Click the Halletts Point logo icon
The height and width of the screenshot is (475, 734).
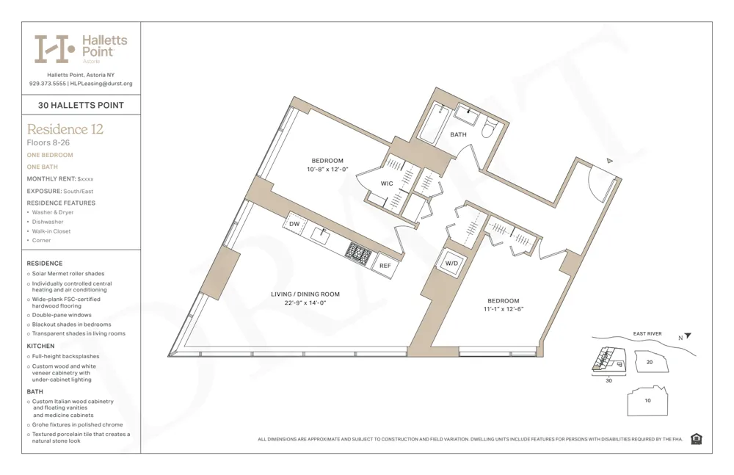55,48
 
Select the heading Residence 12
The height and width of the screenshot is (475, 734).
65,129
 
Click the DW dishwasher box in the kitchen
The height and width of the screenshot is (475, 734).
294,224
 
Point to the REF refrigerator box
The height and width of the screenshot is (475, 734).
385,265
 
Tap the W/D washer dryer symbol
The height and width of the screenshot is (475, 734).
451,263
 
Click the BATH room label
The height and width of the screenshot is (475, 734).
458,134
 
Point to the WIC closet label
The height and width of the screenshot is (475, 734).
387,184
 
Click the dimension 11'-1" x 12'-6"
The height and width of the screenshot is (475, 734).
503,309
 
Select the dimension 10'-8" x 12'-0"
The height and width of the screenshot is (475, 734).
327,170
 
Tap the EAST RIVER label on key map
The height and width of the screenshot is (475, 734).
647,334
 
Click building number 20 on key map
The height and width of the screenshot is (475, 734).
649,362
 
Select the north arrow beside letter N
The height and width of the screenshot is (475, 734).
688,336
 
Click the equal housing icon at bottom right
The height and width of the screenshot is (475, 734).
696,439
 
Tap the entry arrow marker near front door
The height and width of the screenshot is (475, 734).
608,160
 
